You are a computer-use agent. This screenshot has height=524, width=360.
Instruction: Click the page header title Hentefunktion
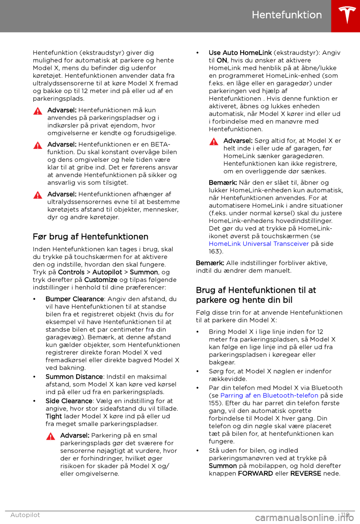pyautogui.click(x=286, y=15)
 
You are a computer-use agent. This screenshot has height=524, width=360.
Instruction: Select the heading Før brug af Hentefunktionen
pyautogui.click(x=90, y=237)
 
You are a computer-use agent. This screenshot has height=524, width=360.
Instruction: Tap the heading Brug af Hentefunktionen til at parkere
pyautogui.click(x=256, y=295)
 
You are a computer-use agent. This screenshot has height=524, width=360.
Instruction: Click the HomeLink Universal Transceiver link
pyautogui.click(x=259, y=244)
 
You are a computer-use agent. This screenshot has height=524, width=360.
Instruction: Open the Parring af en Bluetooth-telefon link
pyautogui.click(x=269, y=395)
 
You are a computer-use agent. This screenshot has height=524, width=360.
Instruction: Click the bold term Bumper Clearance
pyautogui.click(x=75, y=299)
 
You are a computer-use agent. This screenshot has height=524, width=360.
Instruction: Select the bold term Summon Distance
pyautogui.click(x=74, y=376)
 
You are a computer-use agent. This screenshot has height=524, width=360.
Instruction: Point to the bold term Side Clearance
pyautogui.click(x=69, y=401)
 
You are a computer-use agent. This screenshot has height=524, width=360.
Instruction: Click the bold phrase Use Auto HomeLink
pyautogui.click(x=240, y=53)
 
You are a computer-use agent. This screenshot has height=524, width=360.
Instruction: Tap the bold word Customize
pyautogui.click(x=100, y=280)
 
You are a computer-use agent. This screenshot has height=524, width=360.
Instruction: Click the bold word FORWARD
pyautogui.click(x=255, y=473)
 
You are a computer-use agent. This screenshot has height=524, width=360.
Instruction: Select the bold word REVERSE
pyautogui.click(x=306, y=473)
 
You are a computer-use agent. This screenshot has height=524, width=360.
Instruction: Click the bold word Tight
pyautogui.click(x=54, y=416)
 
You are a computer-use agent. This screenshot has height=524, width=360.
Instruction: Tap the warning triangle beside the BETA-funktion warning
pyautogui.click(x=38, y=145)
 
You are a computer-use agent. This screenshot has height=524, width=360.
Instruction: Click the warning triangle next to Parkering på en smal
pyautogui.click(x=51, y=436)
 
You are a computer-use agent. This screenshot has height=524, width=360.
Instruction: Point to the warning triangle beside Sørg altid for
pyautogui.click(x=214, y=142)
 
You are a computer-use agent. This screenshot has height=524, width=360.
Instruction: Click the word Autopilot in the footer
pyautogui.click(x=25, y=515)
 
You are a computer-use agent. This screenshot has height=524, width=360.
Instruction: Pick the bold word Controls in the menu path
pyautogui.click(x=71, y=272)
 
